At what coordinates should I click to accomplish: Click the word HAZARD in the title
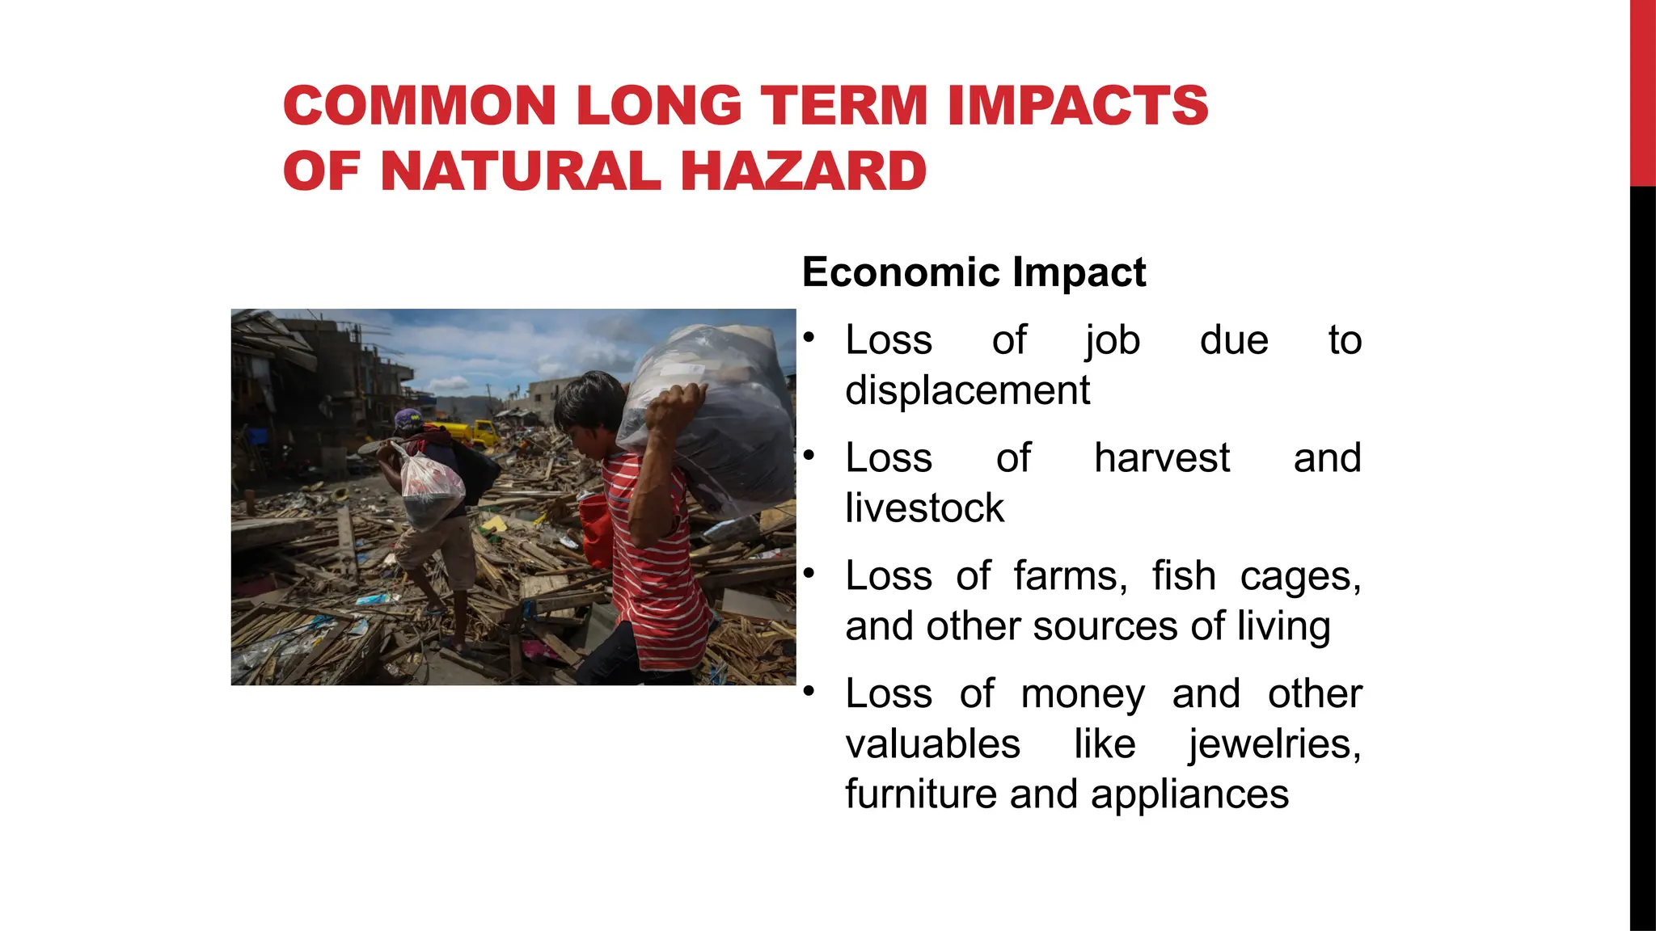[x=804, y=171]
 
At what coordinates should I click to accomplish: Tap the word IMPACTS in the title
[x=1078, y=106]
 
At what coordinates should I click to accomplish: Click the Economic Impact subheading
[x=974, y=272]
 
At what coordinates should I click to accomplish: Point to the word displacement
[x=967, y=391]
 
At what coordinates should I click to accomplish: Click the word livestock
[x=924, y=508]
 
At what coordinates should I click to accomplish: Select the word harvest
[x=1162, y=458]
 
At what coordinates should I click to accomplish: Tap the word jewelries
[x=1274, y=744]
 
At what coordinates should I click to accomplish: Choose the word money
[x=1083, y=694]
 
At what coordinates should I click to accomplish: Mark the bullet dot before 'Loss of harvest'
[x=808, y=457]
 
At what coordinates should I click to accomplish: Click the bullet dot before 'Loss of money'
[x=808, y=693]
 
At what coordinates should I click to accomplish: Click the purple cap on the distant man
[x=408, y=419]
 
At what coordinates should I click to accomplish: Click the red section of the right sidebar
[x=1642, y=93]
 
